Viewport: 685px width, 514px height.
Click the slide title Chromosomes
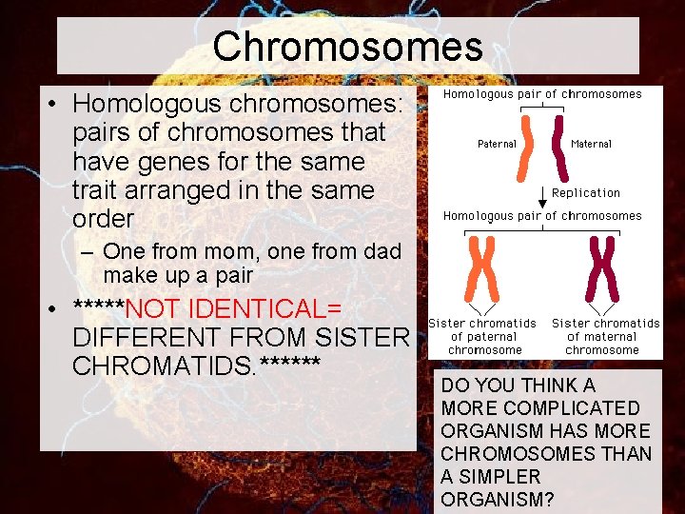[347, 46]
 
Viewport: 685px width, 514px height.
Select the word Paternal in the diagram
[497, 144]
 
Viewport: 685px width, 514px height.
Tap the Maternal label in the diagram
[591, 144]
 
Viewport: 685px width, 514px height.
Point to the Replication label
[585, 193]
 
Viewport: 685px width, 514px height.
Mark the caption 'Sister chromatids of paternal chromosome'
[482, 337]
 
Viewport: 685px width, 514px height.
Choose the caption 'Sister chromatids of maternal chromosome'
[605, 337]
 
